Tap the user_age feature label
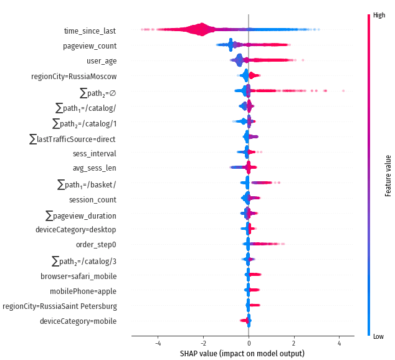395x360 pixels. (x=101, y=61)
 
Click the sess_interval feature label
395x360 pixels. (x=94, y=153)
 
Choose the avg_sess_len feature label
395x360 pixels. (x=94, y=168)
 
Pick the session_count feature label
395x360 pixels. (x=92, y=199)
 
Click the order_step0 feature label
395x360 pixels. (x=96, y=245)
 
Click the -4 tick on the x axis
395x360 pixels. (x=158, y=343)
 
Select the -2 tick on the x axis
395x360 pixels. (x=203, y=343)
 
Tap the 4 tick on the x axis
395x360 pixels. (x=339, y=343)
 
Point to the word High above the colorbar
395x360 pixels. (x=379, y=15)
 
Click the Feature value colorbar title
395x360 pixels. (x=388, y=176)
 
